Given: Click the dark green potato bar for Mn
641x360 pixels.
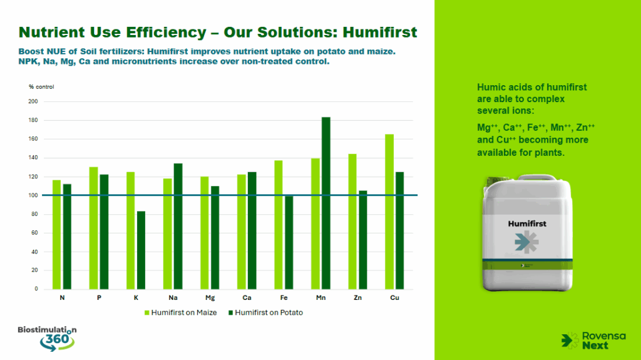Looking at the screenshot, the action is point(326,203).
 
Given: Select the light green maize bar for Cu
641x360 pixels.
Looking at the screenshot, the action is point(389,212).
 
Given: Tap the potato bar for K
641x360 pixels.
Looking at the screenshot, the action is point(141,250).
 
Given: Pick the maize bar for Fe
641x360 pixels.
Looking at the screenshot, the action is point(279,225).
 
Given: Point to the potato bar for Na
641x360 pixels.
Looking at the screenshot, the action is point(178,226).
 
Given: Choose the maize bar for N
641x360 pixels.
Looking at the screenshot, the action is point(56,234).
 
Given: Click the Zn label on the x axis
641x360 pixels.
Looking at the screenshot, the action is point(357,298).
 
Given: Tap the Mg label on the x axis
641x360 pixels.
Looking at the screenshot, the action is point(210,298).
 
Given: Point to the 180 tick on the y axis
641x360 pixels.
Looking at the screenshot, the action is point(33,120).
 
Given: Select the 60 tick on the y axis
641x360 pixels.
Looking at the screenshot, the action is point(35,233).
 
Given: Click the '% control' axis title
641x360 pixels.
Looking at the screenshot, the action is point(41,87).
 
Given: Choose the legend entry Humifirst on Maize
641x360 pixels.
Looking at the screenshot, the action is point(181,312).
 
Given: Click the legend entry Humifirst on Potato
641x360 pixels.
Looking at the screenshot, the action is point(265,312).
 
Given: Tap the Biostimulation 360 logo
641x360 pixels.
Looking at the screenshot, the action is point(47,338).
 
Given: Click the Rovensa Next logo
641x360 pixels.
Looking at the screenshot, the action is point(593,341).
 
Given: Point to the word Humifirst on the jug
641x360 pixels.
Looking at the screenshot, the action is point(527,224).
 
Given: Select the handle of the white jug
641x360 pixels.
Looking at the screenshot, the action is point(536,178).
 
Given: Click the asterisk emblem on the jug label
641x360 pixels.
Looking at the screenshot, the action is point(527,242).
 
